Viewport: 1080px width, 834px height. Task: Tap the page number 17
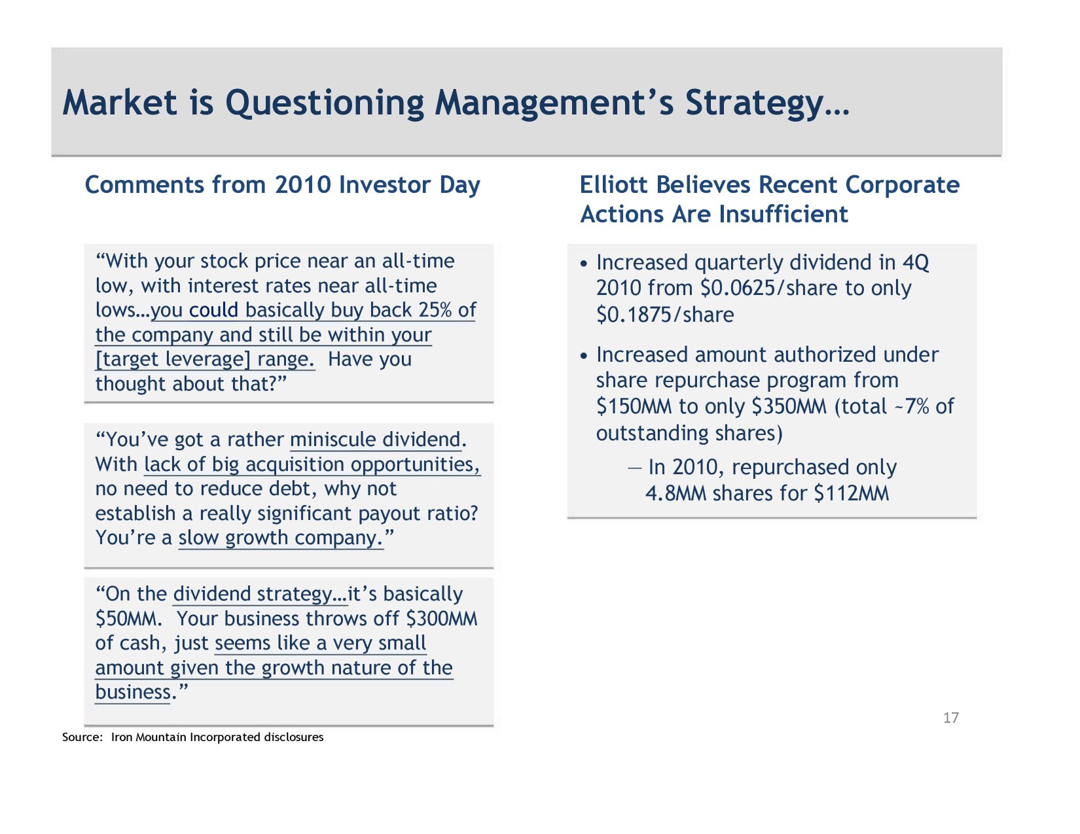click(950, 718)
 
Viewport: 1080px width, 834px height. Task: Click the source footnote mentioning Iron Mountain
click(192, 737)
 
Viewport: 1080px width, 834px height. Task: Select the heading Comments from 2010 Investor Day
click(282, 185)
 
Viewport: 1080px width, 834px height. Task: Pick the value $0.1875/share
click(665, 315)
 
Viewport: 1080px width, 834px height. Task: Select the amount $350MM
click(789, 407)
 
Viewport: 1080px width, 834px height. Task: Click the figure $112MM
click(851, 493)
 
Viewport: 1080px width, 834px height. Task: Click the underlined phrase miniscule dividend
click(375, 440)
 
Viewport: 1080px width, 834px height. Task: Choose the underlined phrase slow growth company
click(280, 538)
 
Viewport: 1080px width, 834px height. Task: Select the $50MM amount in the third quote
click(128, 619)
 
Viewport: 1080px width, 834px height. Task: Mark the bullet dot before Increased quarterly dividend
click(585, 264)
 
